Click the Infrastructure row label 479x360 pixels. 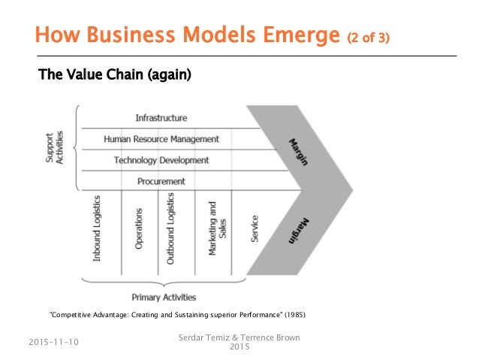click(161, 118)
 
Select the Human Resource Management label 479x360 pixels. click(161, 139)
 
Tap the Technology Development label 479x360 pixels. click(161, 160)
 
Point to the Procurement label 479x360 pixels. click(161, 181)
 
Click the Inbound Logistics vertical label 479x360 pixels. click(97, 228)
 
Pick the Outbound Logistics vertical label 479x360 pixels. click(171, 228)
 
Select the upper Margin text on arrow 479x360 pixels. click(301, 153)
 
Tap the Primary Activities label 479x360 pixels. click(163, 296)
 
